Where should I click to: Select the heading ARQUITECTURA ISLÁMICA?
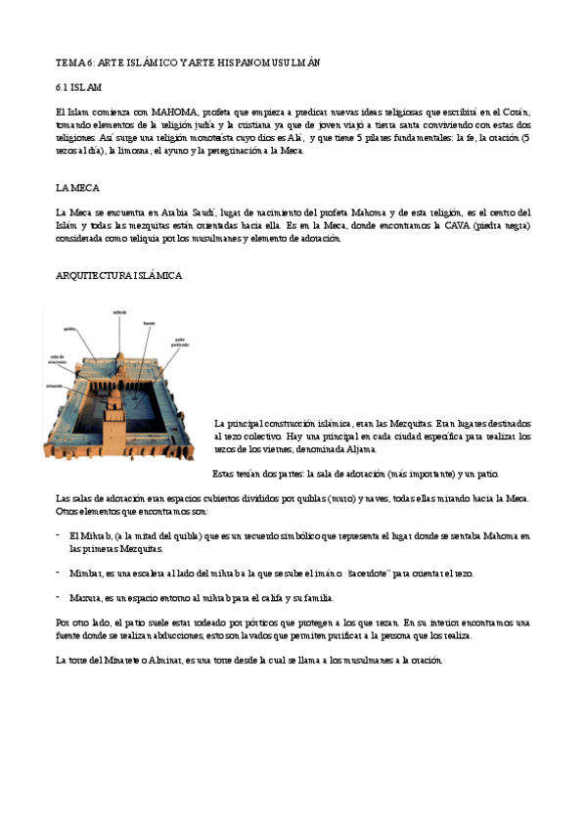[x=118, y=276]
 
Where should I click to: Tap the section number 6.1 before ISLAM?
[x=63, y=88]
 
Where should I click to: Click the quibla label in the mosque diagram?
[x=69, y=329]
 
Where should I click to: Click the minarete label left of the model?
[x=53, y=385]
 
